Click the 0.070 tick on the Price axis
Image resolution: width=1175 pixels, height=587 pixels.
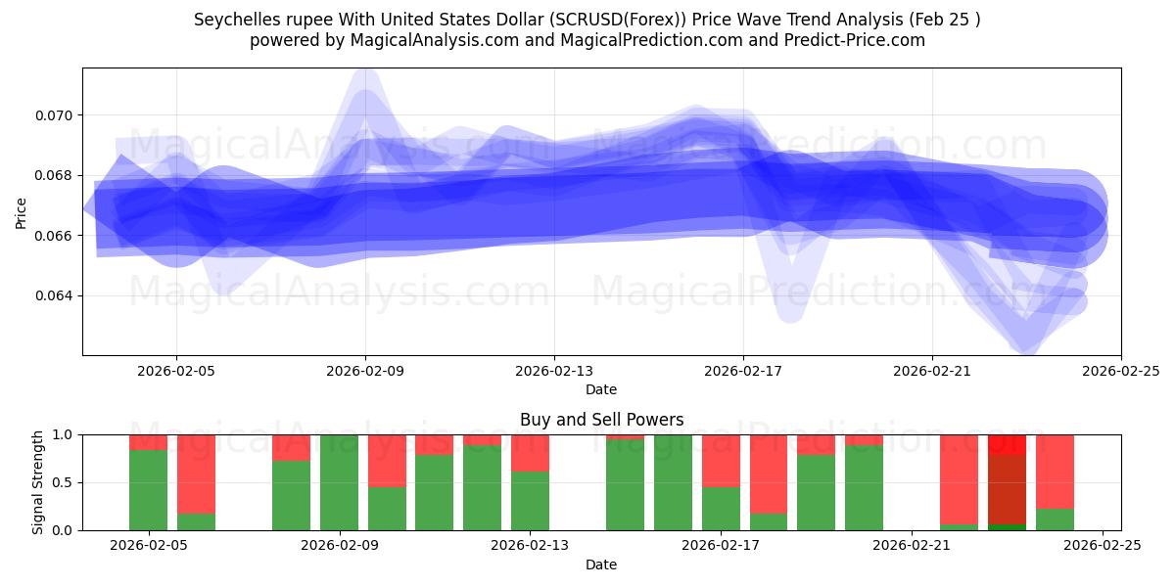click(55, 115)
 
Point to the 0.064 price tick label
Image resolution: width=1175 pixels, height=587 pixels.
click(55, 295)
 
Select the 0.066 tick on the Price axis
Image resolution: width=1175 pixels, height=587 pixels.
click(55, 236)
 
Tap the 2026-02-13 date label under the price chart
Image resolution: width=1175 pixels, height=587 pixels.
click(554, 371)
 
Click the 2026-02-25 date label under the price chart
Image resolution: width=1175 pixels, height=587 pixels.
click(1120, 371)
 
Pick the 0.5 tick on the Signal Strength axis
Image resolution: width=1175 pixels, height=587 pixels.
click(62, 482)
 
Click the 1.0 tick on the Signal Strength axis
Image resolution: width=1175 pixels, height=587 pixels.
click(62, 434)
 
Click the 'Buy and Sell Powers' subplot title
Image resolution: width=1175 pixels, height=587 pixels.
click(601, 420)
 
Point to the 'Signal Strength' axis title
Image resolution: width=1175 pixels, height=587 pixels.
click(38, 482)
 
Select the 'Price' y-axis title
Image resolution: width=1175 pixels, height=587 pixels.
click(22, 211)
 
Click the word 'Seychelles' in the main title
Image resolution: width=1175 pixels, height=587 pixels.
click(234, 20)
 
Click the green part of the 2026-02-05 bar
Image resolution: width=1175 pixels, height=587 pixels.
click(148, 489)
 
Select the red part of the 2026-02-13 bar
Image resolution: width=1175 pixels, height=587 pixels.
click(530, 452)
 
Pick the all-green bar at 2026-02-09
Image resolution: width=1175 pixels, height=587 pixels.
click(339, 482)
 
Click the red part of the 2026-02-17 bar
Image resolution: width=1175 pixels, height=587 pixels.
click(721, 460)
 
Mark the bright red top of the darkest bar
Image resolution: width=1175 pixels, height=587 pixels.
click(1007, 444)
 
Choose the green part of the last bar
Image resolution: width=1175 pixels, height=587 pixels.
click(1055, 519)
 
